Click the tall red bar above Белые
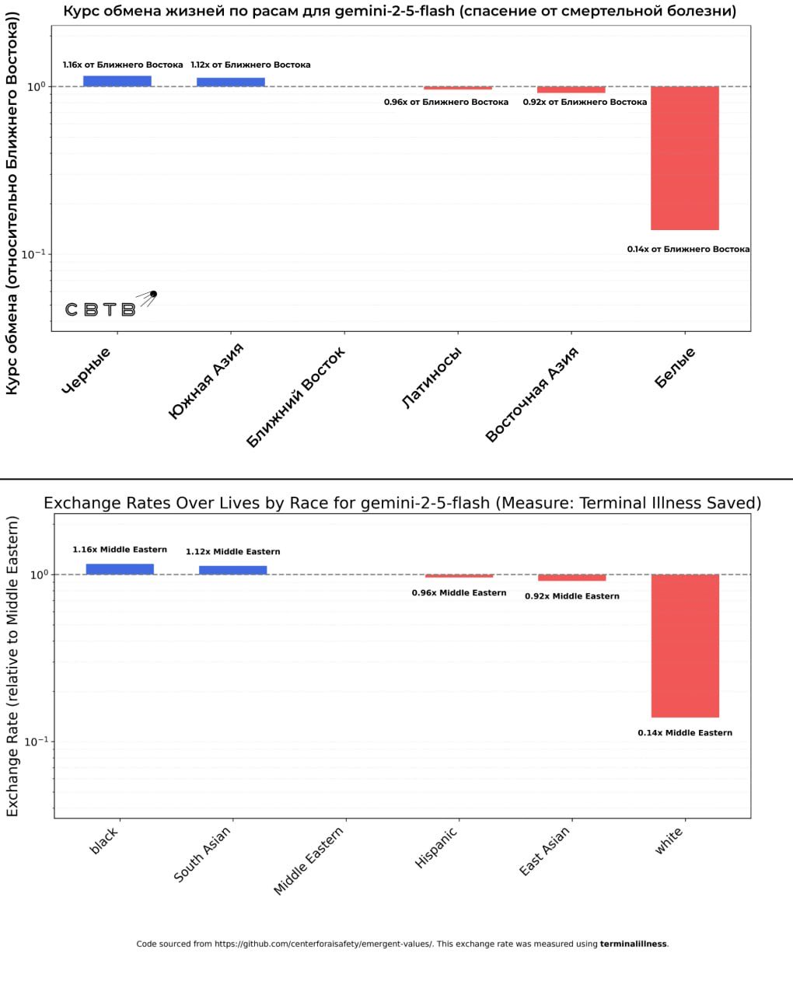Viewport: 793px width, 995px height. point(684,158)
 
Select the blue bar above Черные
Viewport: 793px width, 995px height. point(117,81)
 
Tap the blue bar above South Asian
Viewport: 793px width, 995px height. point(232,570)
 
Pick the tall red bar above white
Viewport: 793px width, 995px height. point(685,645)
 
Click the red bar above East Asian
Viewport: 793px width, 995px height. point(571,578)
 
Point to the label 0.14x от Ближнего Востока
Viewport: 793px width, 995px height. point(688,250)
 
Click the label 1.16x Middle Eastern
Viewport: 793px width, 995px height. point(120,550)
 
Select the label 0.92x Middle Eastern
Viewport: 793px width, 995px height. point(571,596)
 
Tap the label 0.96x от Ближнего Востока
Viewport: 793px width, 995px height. point(445,102)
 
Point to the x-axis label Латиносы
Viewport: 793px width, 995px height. point(432,378)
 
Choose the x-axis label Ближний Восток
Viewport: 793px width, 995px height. point(296,397)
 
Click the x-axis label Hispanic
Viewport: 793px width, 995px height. point(436,847)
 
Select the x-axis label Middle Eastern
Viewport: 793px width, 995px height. point(309,861)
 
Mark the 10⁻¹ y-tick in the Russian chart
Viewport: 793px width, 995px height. point(33,254)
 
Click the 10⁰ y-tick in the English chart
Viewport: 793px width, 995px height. point(39,574)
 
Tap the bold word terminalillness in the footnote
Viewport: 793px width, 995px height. point(633,944)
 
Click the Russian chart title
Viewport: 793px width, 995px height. point(400,11)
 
